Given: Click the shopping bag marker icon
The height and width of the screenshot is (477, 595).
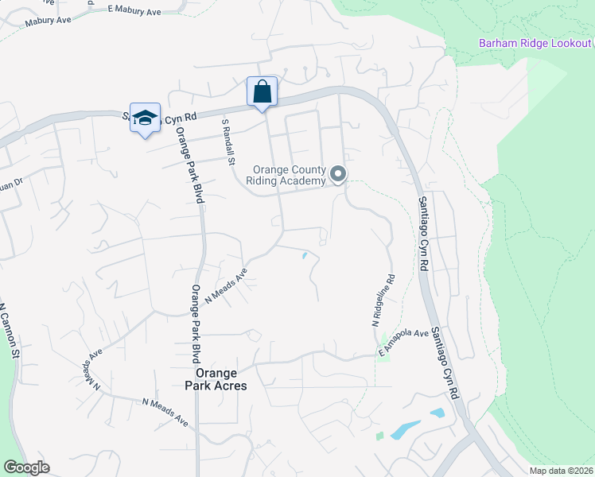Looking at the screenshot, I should tap(262, 92).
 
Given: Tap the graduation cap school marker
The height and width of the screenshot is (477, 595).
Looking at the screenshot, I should tap(144, 118).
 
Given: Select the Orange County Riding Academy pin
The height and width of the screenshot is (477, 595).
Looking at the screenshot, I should tap(338, 174).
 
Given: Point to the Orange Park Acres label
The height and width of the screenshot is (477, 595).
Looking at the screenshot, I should tap(216, 379).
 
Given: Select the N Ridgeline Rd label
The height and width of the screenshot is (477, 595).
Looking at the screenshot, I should tap(382, 302).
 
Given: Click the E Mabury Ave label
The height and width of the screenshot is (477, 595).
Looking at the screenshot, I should tap(133, 9).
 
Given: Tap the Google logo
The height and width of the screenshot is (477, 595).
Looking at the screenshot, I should tap(26, 467).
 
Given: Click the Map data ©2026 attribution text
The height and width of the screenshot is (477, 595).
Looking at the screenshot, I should tap(561, 471).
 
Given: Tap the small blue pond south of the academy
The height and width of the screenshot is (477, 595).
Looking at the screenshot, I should tap(305, 255).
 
